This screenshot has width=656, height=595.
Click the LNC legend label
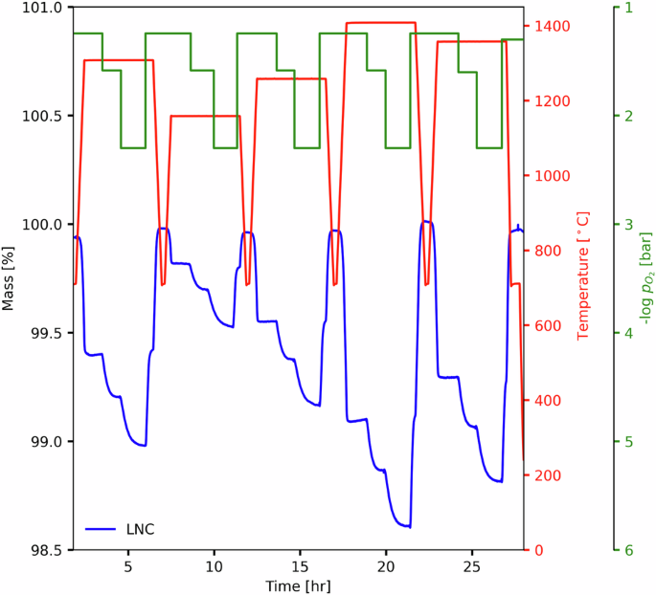tap(140, 529)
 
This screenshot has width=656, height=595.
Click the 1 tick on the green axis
tap(628, 8)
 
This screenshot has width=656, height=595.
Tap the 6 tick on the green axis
tap(628, 550)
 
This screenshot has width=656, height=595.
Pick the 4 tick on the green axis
tap(628, 333)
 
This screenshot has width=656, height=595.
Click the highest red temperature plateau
tap(380, 22)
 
